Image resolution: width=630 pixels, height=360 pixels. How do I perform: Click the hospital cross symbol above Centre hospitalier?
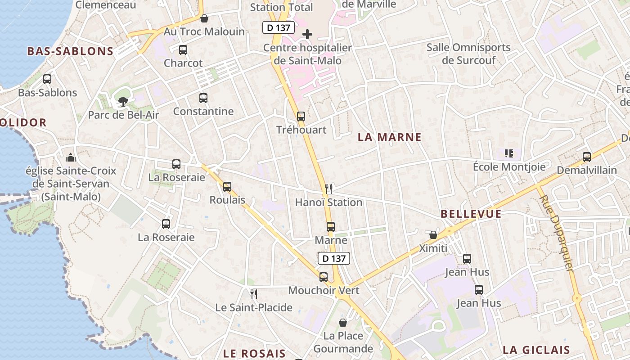307,34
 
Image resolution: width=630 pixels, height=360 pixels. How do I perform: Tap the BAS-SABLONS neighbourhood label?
70,51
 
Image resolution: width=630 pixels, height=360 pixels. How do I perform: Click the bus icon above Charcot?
183,50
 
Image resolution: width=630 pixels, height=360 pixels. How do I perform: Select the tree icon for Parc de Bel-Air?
123,102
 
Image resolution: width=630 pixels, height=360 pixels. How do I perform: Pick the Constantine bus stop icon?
203,98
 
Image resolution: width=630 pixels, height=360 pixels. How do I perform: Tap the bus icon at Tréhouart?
301,117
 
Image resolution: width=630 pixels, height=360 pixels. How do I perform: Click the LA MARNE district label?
390,137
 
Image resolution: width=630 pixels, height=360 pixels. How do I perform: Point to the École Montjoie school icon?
509,153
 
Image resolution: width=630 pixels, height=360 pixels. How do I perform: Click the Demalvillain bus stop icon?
587,157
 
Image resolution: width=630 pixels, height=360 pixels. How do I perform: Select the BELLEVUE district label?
471,214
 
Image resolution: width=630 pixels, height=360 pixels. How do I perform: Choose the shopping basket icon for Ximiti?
433,235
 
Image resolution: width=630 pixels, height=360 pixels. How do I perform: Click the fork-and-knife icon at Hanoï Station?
329,189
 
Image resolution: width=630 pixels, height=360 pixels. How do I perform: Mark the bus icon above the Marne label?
331,226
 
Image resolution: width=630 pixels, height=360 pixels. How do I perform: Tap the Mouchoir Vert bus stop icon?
324,277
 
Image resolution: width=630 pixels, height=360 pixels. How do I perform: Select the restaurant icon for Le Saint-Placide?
254,294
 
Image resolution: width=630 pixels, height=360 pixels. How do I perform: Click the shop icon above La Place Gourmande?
343,323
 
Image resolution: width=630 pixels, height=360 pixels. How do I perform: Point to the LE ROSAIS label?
254,353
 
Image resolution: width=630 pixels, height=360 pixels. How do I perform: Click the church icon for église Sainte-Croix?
71,157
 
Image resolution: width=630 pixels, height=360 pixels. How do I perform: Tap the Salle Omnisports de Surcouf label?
468,54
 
